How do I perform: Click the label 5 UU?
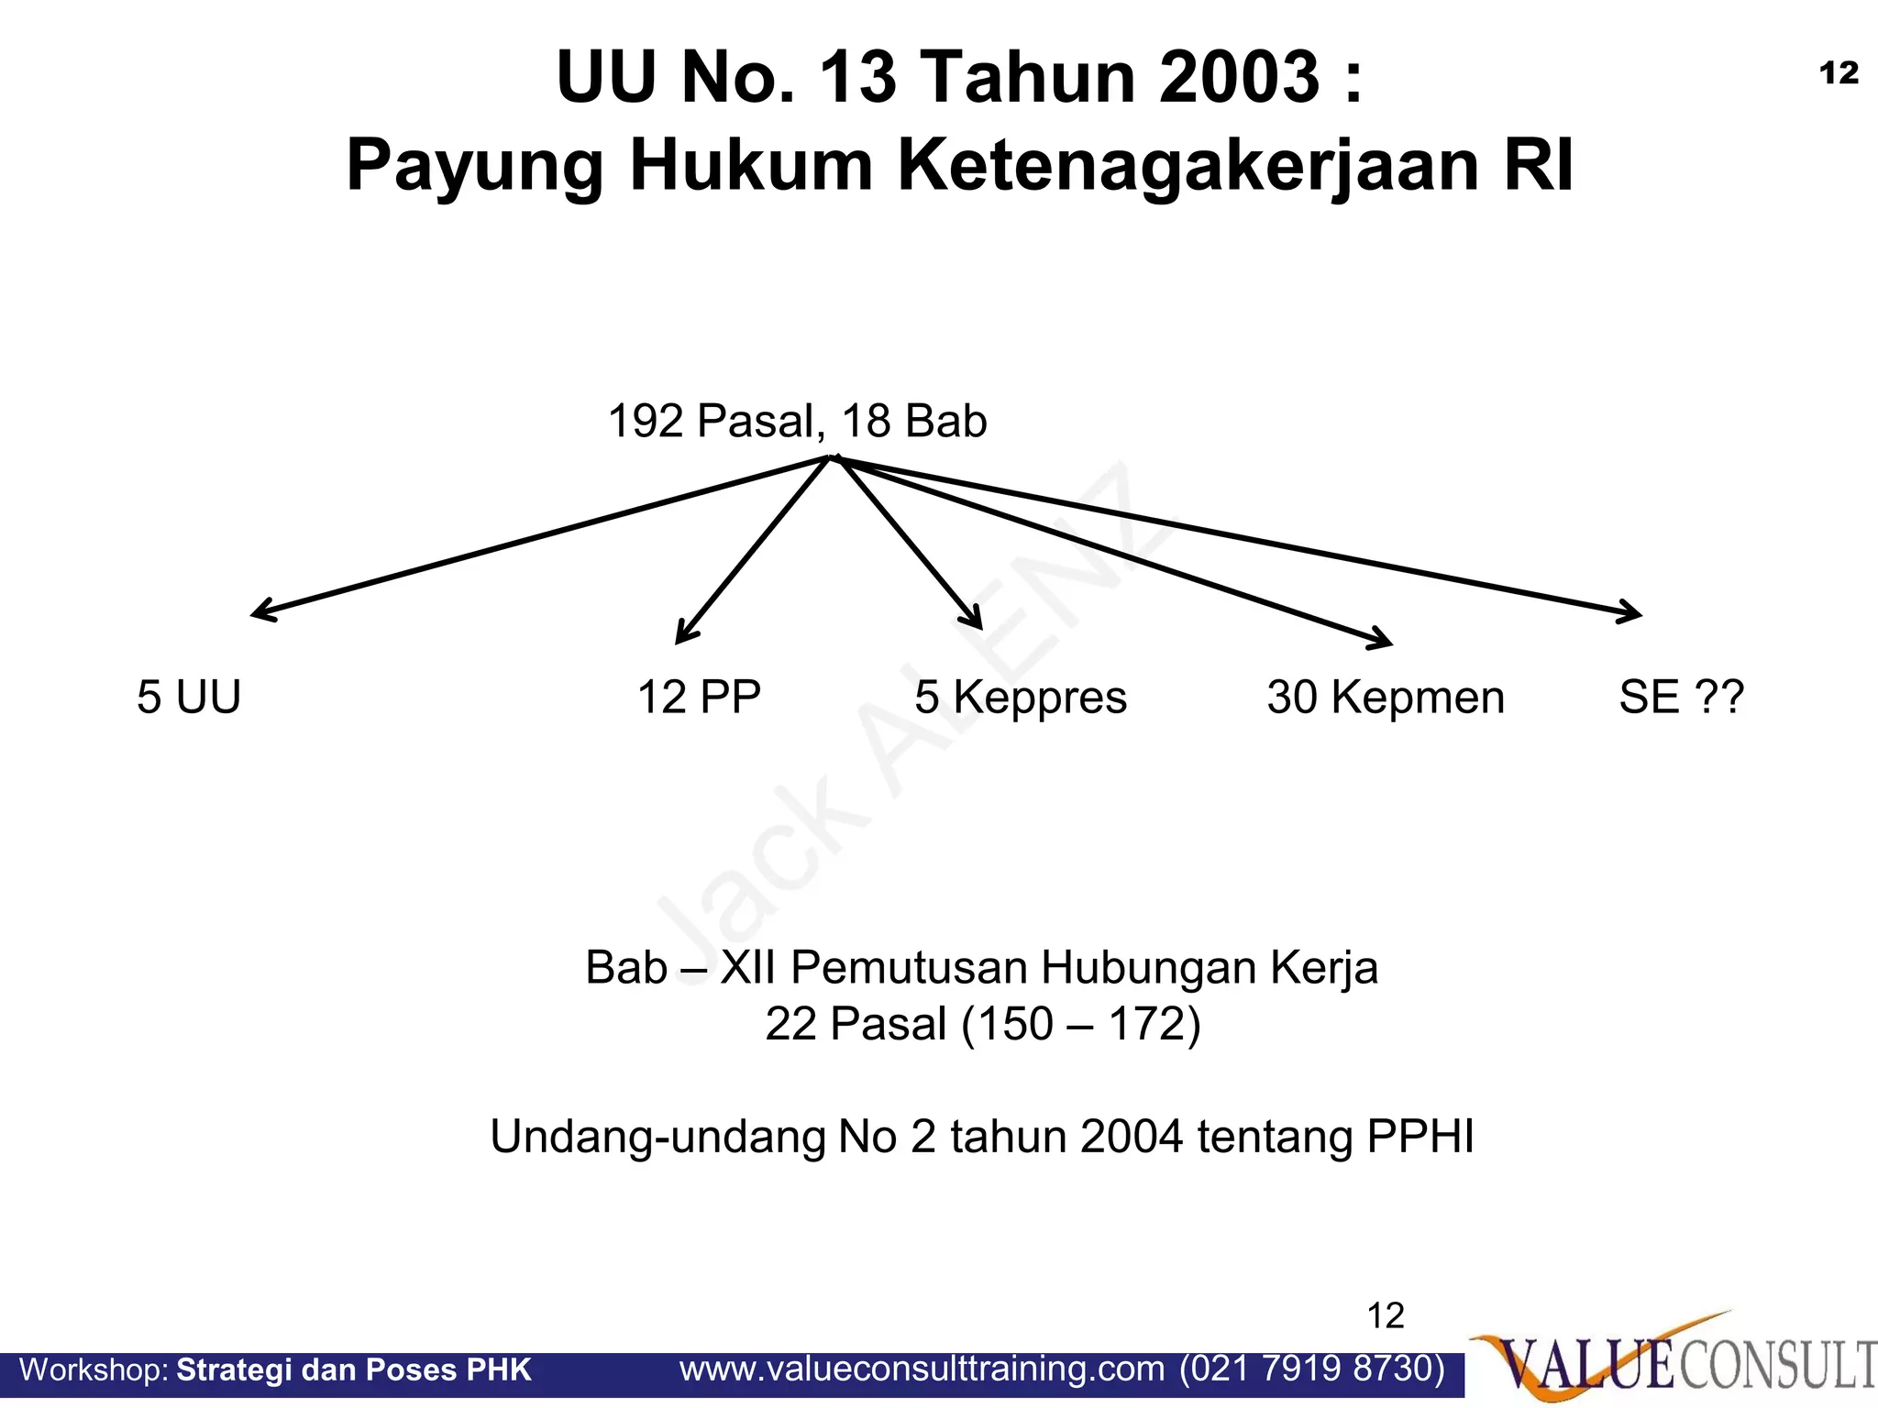(189, 697)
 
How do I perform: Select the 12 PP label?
(699, 697)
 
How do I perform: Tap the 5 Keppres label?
(1021, 697)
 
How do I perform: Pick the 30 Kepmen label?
(1386, 697)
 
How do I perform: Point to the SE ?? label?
(1681, 697)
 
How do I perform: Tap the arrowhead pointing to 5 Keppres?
(978, 623)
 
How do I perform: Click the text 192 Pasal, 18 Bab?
(797, 421)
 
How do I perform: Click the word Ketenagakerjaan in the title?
(1189, 165)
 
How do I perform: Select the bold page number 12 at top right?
(1839, 73)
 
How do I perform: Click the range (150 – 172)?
(1081, 1024)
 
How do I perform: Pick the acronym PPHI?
(1420, 1137)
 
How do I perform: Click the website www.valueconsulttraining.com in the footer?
(922, 1369)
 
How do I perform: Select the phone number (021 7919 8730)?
(1312, 1369)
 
